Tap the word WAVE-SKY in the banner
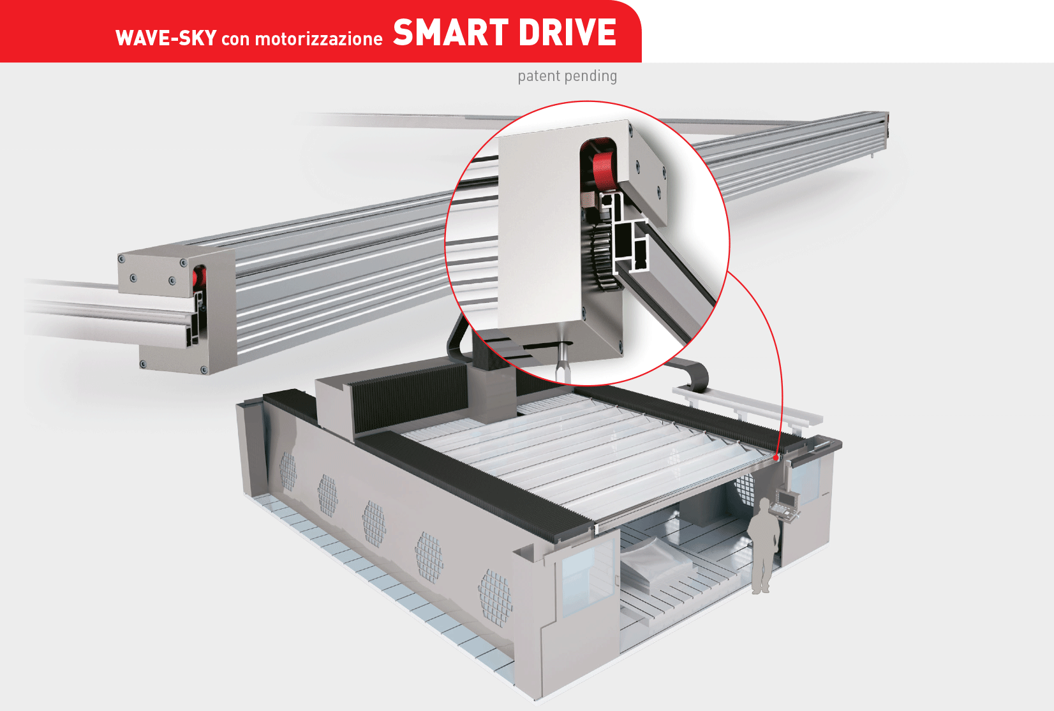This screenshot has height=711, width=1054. click(x=166, y=38)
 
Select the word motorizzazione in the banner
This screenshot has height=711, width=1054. click(x=318, y=38)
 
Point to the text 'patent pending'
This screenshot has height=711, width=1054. click(x=567, y=76)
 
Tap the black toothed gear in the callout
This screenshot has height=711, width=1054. click(x=601, y=256)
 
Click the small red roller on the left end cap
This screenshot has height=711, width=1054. click(x=200, y=278)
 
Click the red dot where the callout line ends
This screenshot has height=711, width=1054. click(x=775, y=457)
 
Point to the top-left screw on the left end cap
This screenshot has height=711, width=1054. click(x=121, y=259)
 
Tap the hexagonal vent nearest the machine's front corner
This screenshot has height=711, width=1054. click(x=495, y=597)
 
